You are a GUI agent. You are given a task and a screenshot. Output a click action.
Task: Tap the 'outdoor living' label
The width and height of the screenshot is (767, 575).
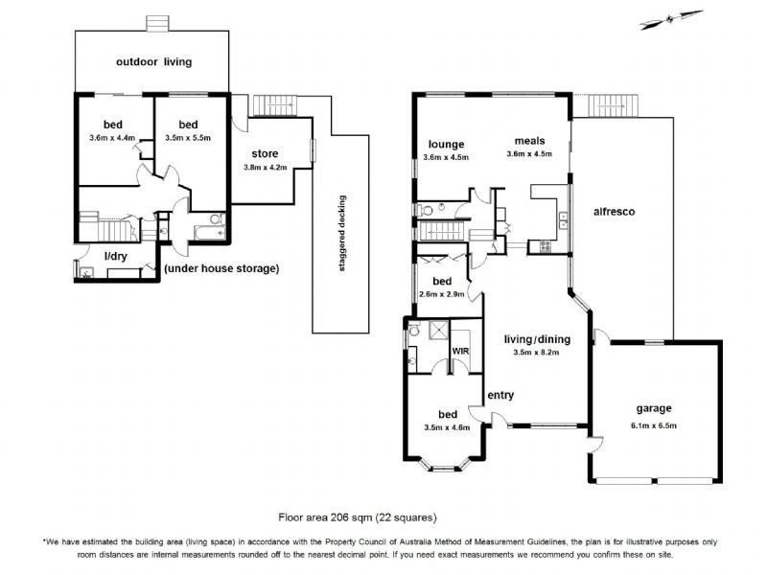tap(153, 62)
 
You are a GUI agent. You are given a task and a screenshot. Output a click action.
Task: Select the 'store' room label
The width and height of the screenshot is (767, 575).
tap(266, 153)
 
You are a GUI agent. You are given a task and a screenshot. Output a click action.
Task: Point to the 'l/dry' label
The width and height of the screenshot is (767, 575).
tap(116, 256)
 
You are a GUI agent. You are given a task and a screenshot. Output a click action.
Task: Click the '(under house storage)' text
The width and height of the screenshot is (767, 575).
tap(221, 269)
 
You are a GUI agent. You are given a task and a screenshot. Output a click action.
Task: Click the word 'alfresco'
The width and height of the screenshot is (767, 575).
tap(614, 211)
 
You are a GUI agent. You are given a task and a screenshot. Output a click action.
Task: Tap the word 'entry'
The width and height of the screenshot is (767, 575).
tap(500, 396)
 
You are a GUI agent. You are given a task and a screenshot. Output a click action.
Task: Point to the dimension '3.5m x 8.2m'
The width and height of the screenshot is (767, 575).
tap(536, 352)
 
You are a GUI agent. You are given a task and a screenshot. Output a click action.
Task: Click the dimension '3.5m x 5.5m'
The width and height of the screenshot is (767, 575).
tap(187, 138)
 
